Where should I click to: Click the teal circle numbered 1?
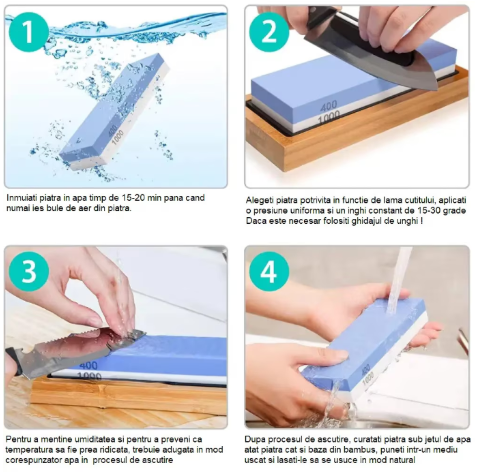click(29, 32)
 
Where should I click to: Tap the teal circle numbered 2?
click(269, 32)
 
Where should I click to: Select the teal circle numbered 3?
click(29, 271)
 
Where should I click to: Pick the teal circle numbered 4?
click(269, 271)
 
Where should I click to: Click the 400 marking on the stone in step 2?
click(329, 106)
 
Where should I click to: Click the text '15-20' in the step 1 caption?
click(134, 198)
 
